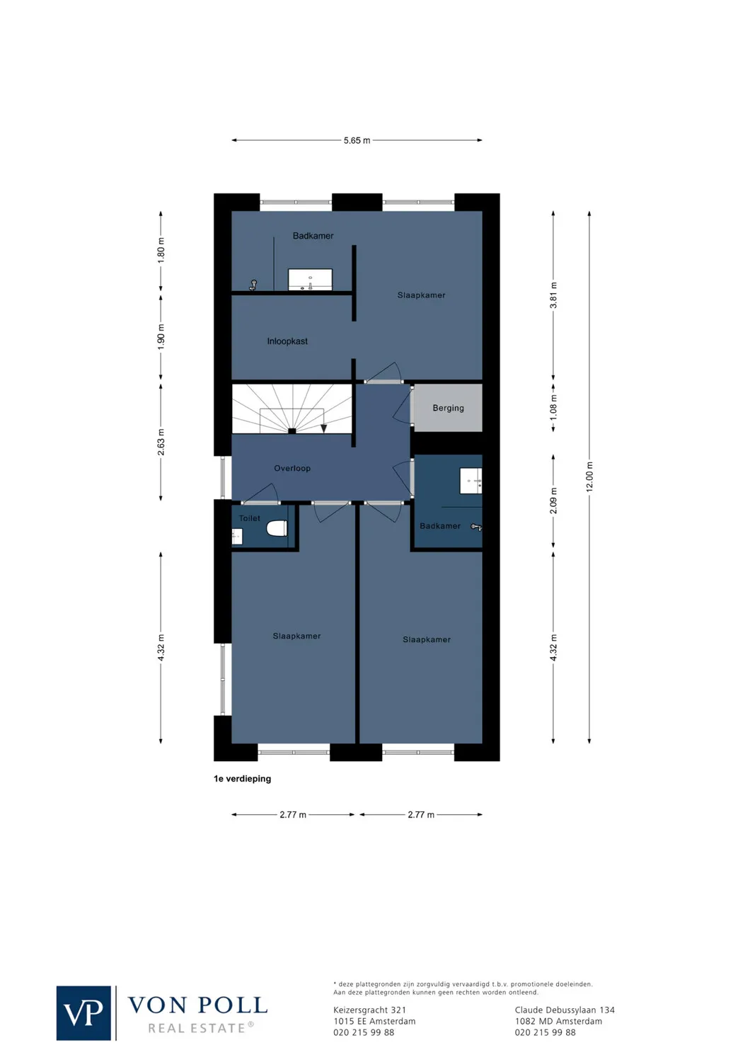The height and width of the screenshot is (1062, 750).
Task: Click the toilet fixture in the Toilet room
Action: tap(276, 528)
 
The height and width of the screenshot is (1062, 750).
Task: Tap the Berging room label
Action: tap(448, 408)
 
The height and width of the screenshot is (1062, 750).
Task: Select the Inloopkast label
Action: tap(287, 341)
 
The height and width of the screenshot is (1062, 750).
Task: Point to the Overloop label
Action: tap(292, 468)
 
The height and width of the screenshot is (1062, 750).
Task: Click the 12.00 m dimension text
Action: tap(589, 476)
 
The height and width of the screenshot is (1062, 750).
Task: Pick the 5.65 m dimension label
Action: tap(357, 140)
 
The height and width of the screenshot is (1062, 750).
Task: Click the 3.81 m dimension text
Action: tap(553, 295)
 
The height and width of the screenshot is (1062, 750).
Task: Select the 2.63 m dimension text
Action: tap(161, 442)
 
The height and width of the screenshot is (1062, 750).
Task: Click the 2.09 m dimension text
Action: tap(553, 501)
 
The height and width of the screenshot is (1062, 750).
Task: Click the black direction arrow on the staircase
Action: tap(323, 428)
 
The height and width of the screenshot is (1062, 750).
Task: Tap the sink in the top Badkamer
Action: tap(310, 279)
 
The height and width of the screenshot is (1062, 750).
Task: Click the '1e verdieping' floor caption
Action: tap(242, 779)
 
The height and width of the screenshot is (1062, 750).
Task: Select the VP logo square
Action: tap(83, 1013)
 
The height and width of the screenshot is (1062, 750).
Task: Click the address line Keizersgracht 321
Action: tap(369, 1010)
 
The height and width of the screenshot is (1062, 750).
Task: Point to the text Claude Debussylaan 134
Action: tap(565, 1010)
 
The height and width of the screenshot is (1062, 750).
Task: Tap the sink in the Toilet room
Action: tap(237, 537)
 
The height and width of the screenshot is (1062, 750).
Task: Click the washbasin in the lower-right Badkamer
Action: tap(471, 481)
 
